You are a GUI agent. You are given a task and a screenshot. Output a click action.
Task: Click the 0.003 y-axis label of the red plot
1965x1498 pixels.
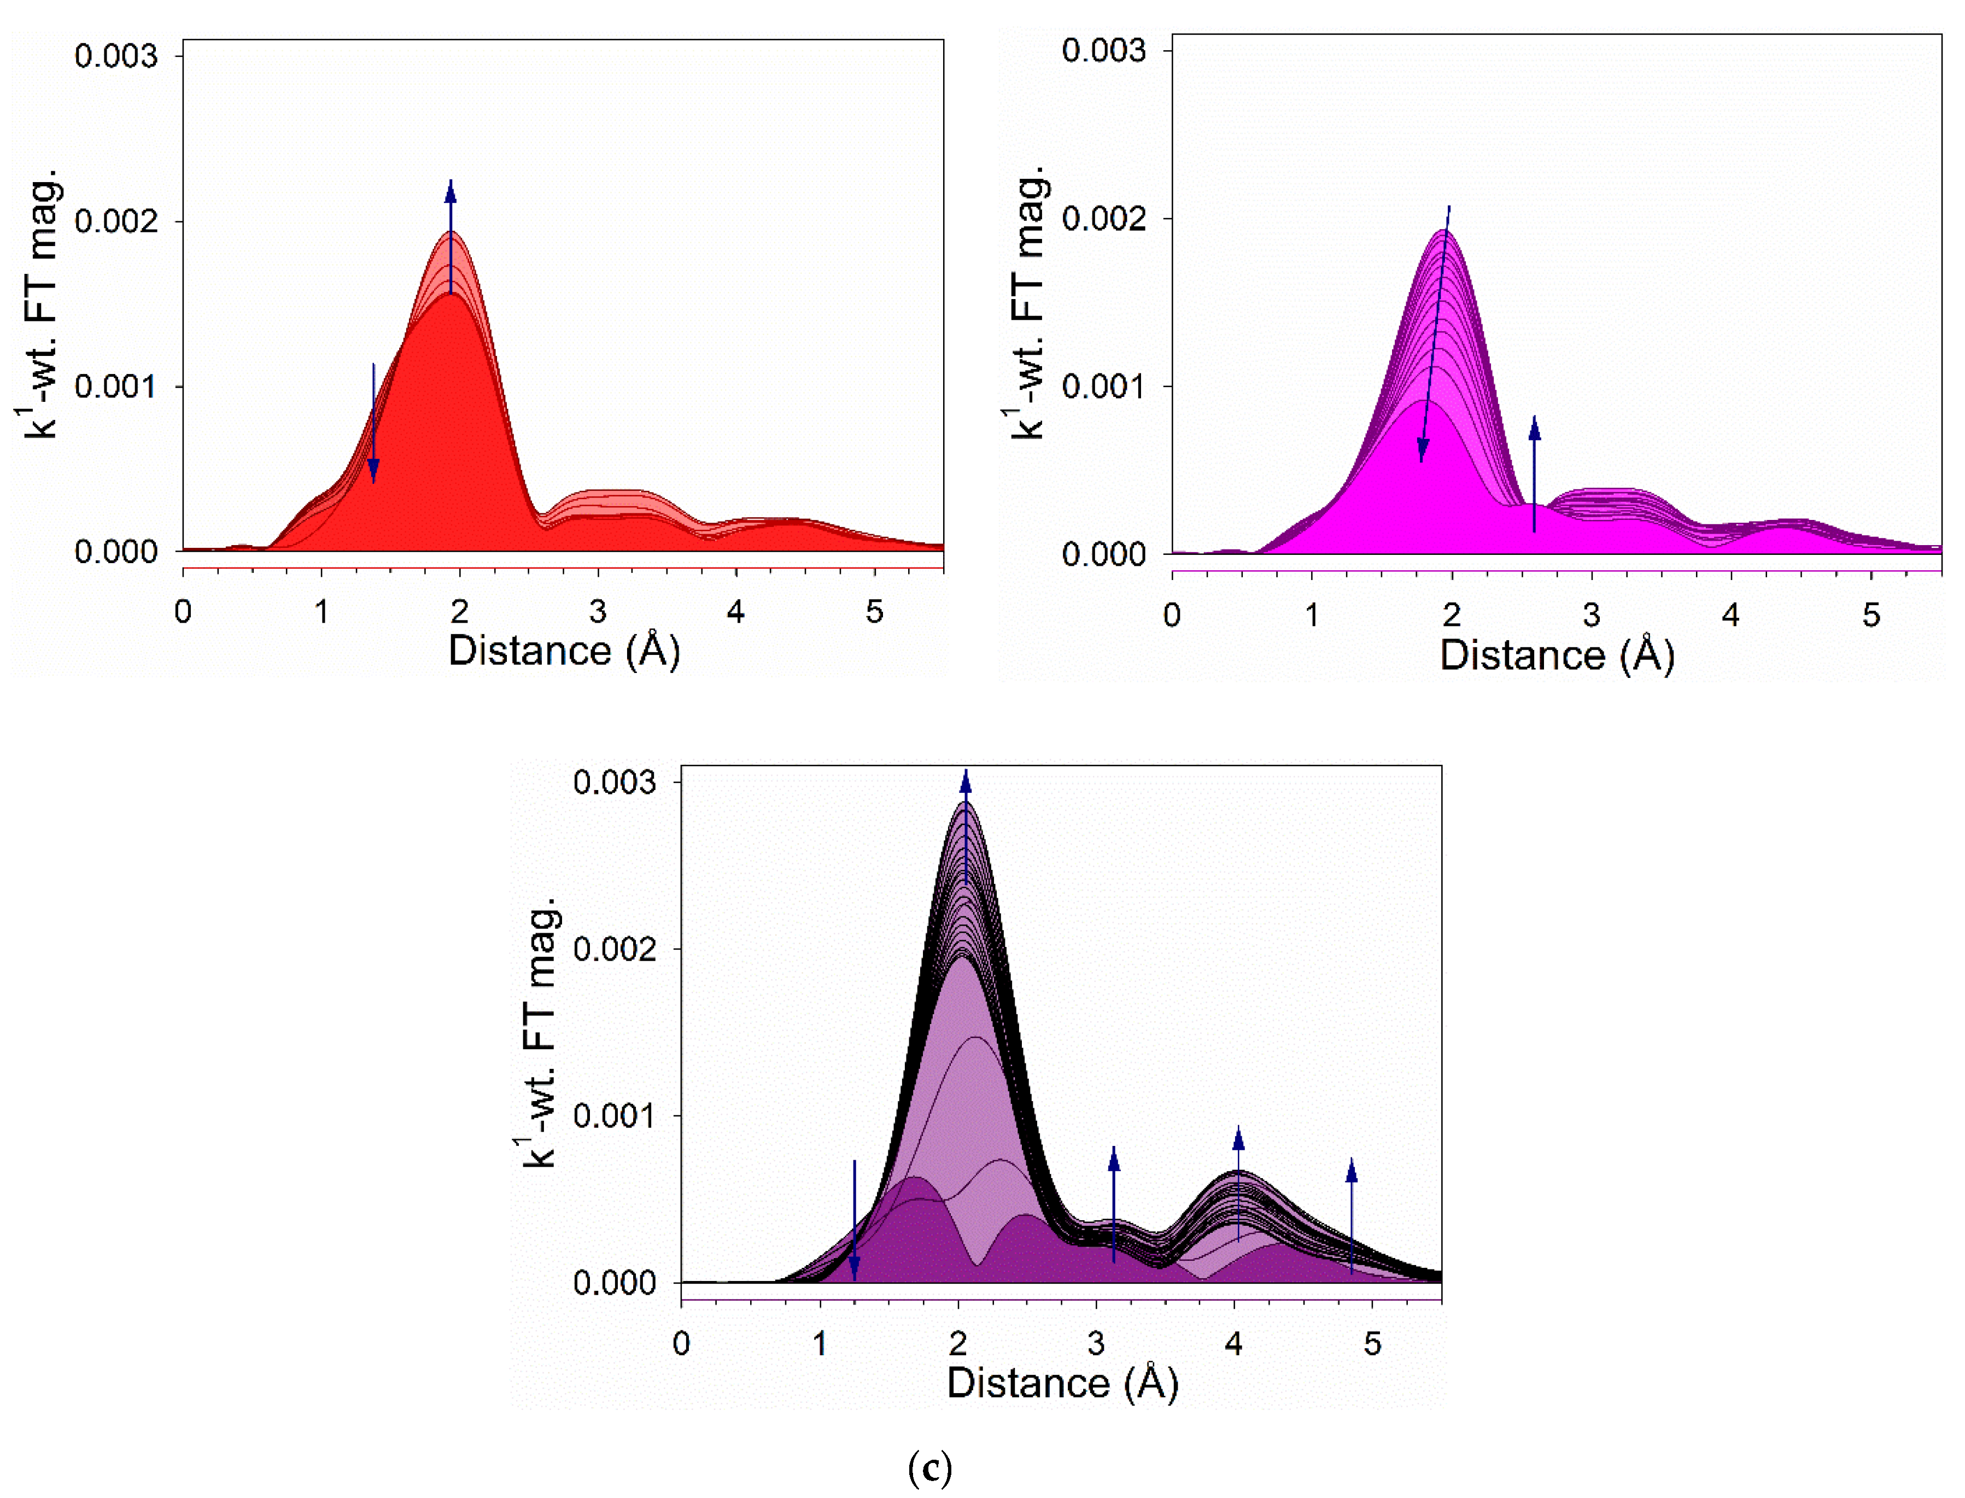tap(116, 56)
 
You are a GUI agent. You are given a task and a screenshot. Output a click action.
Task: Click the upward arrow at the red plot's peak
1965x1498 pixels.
tap(451, 236)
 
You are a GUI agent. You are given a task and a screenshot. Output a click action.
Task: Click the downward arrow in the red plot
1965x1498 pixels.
tap(373, 424)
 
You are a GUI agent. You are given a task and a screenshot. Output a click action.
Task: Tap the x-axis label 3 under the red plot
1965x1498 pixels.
tap(598, 612)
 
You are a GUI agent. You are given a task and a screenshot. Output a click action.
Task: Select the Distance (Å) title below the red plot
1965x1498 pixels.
tap(564, 651)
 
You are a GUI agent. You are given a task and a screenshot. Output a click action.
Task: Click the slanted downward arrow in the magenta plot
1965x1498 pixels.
tap(1435, 335)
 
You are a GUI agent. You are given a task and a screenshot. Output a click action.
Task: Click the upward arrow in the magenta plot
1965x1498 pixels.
tap(1534, 472)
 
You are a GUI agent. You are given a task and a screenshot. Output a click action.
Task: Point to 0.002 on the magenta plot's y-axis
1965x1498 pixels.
tap(1104, 219)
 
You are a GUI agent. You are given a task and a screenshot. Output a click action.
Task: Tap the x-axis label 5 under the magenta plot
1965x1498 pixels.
tap(1870, 615)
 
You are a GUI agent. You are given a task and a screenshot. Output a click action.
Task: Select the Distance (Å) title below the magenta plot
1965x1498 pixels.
tap(1557, 656)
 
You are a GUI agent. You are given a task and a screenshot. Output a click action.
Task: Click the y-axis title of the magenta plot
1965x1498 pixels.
tap(1030, 303)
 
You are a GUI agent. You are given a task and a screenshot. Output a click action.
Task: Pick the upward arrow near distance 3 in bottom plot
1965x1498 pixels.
tap(1114, 1204)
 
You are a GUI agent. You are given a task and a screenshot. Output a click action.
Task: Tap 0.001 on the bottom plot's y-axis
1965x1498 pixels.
tap(615, 1115)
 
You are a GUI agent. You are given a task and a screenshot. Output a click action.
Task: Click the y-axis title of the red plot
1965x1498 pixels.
tap(40, 303)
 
